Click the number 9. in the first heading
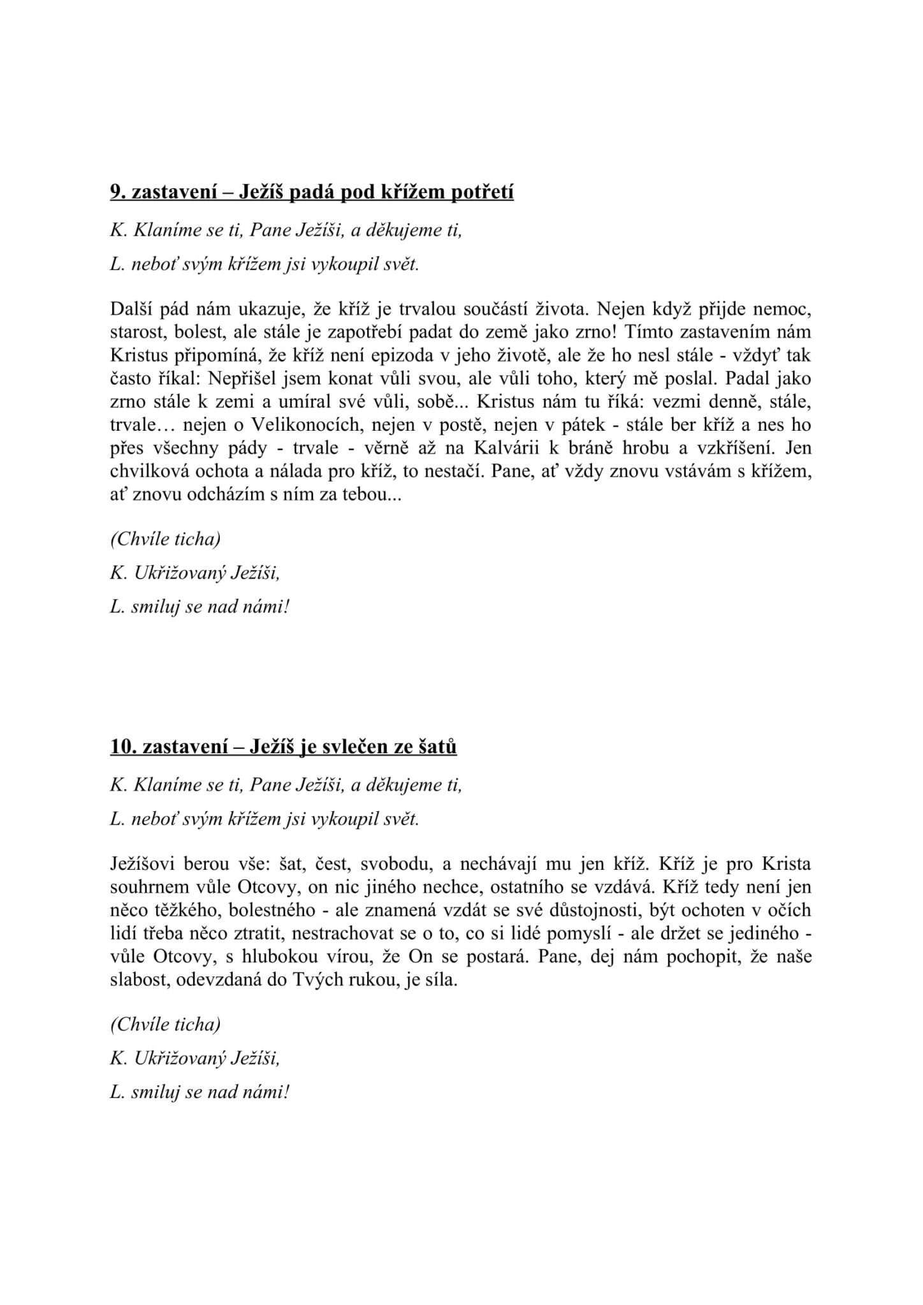pyautogui.click(x=119, y=192)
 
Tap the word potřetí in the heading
pyautogui.click(x=483, y=192)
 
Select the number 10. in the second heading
pyautogui.click(x=124, y=746)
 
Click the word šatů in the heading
pyautogui.click(x=438, y=746)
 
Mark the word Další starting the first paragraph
pyautogui.click(x=131, y=310)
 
